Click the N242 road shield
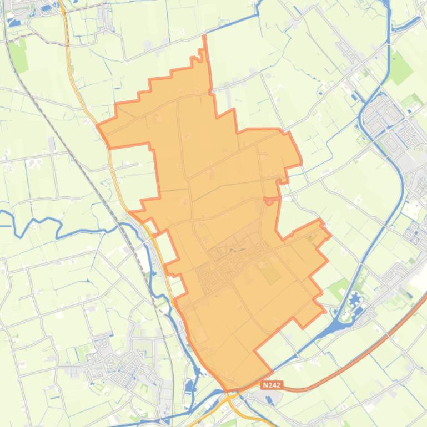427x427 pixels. [x=272, y=385]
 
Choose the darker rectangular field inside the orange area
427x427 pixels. [x=271, y=273]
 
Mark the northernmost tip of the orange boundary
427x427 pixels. [x=205, y=37]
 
